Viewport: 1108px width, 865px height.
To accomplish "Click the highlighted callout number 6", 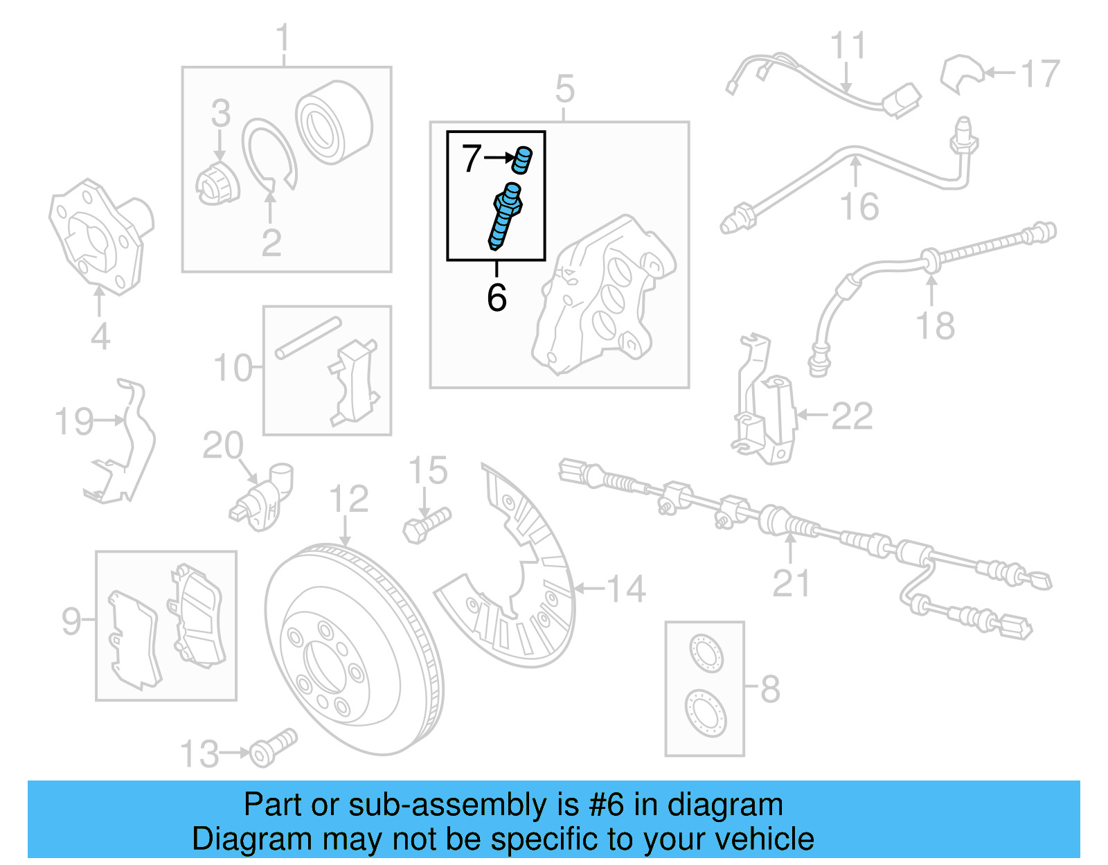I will tap(497, 298).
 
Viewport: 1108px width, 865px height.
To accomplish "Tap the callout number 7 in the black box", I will tap(472, 159).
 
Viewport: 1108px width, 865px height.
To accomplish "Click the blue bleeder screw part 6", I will tap(505, 215).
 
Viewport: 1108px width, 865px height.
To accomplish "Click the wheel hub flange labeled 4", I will tap(100, 235).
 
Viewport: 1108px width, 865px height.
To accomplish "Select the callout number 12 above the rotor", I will tap(348, 499).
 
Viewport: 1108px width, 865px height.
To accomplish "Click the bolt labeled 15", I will tap(427, 526).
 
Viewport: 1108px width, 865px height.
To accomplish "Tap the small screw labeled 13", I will tap(274, 748).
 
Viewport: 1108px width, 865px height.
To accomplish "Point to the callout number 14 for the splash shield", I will tap(626, 589).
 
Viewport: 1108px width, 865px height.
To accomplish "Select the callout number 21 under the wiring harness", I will tap(790, 583).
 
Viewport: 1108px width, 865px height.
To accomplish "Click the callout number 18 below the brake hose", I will tap(935, 326).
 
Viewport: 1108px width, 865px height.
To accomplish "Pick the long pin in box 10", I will tap(308, 337).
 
